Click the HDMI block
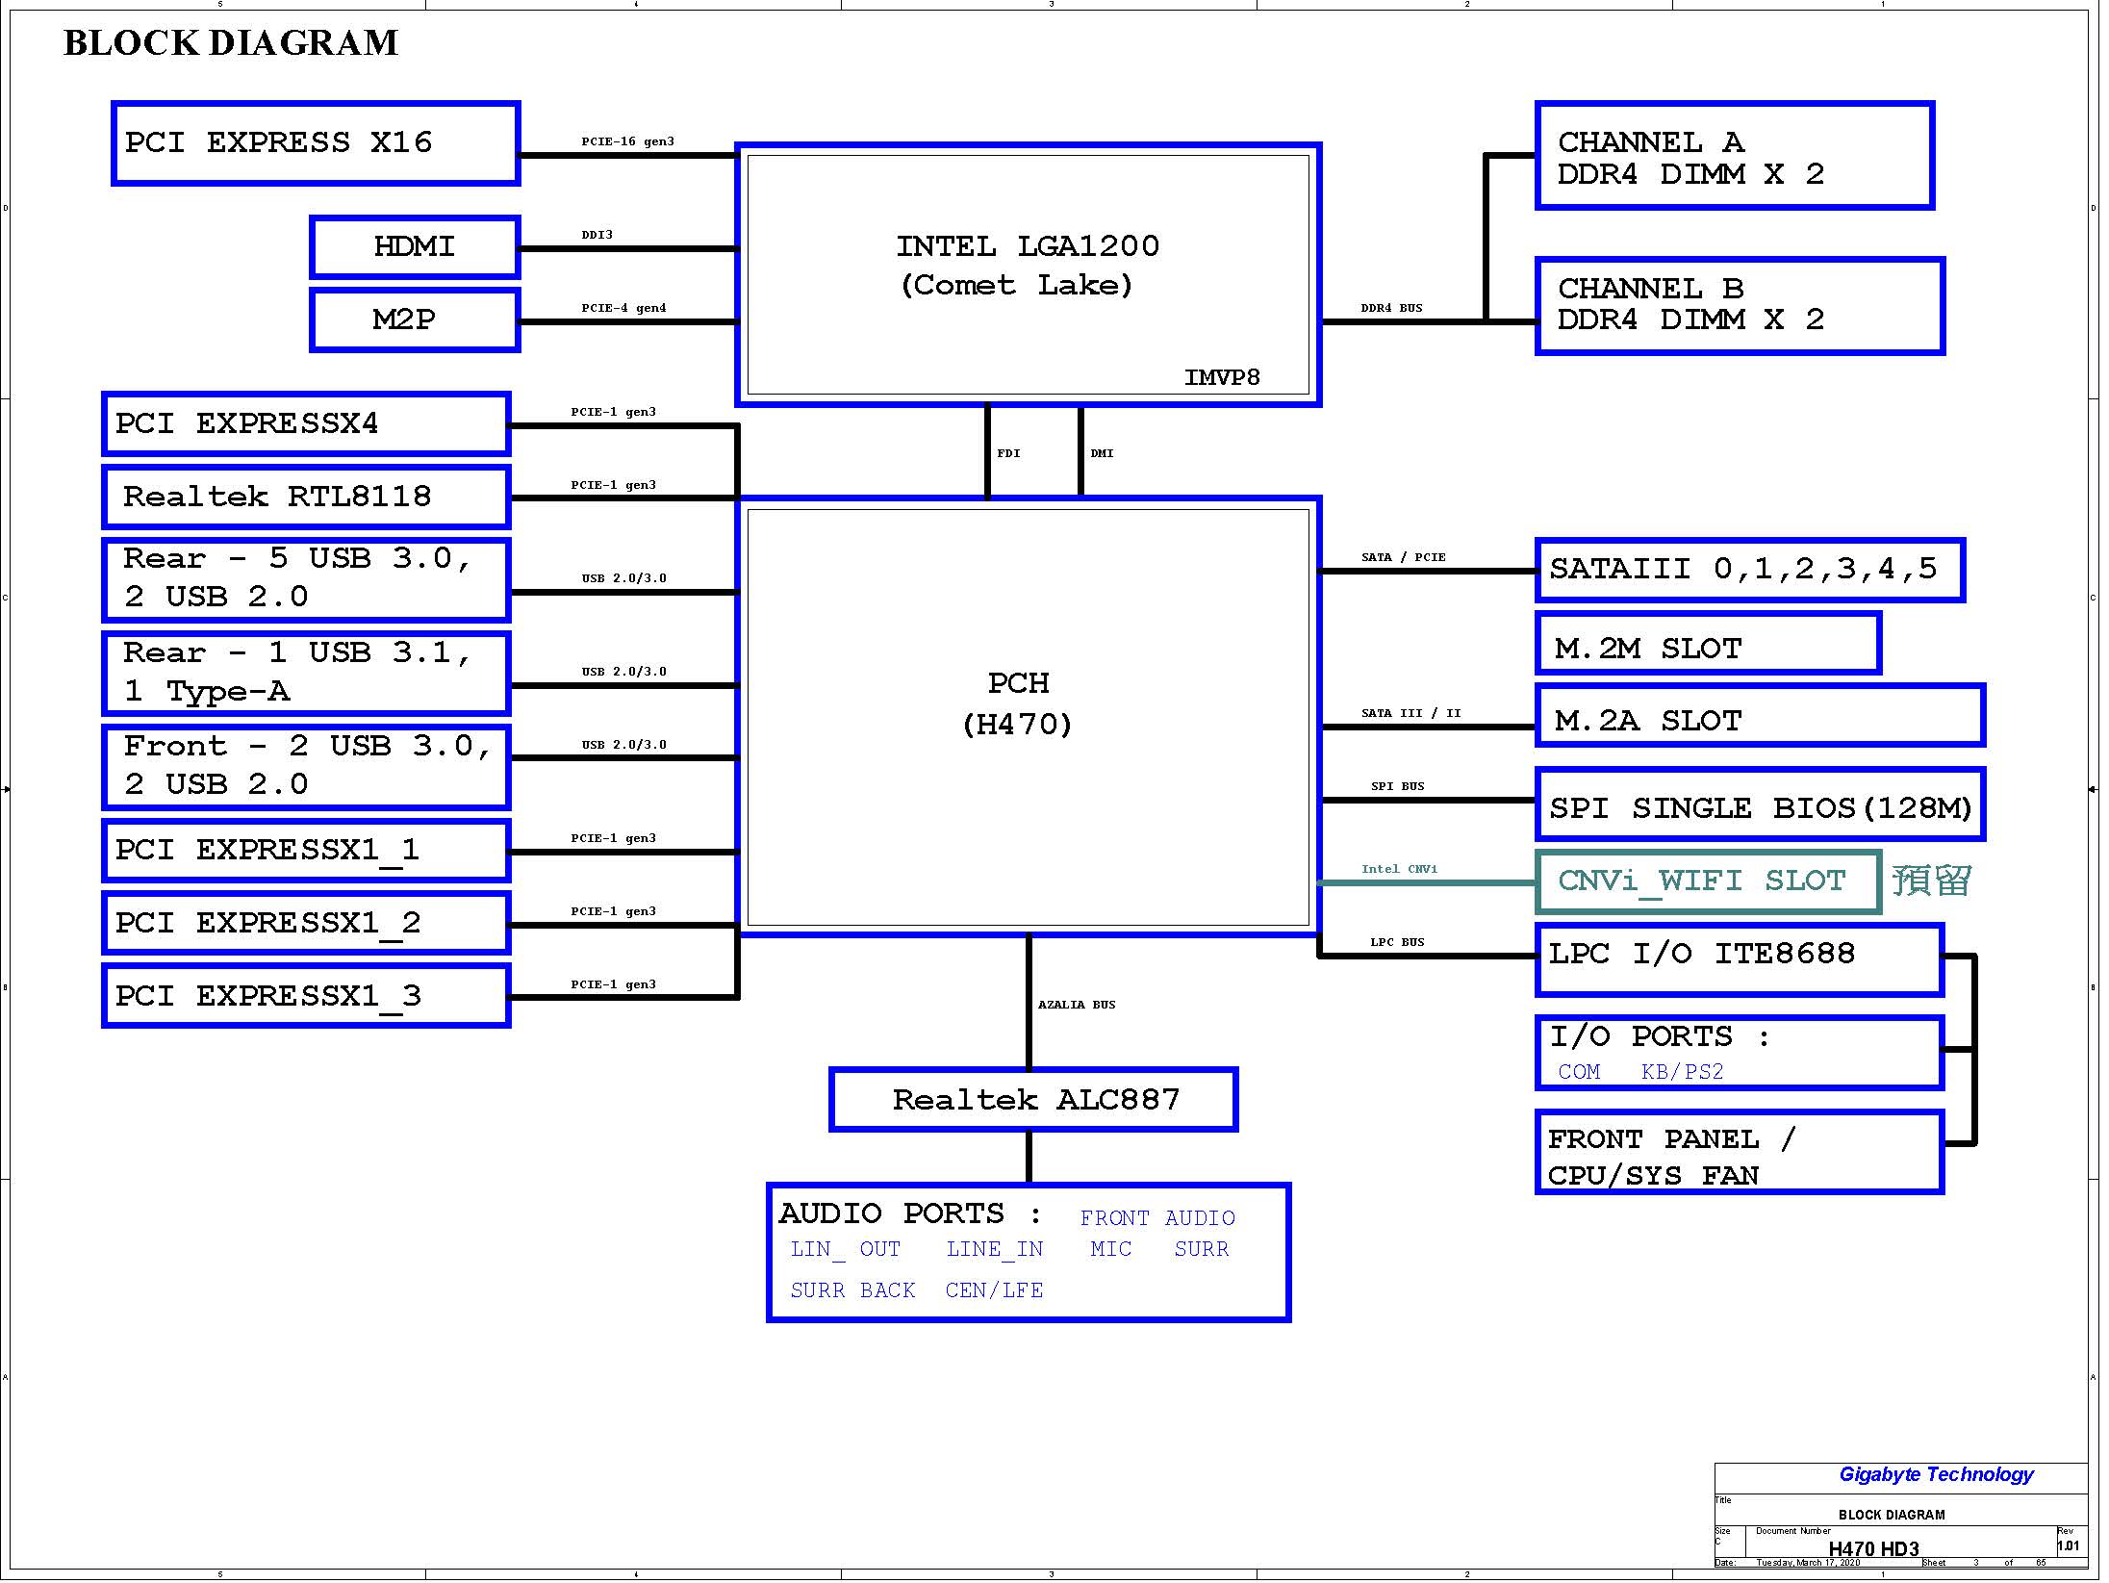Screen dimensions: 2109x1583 [415, 247]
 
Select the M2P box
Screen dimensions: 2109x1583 [415, 320]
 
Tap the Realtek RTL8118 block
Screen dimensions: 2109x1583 [306, 498]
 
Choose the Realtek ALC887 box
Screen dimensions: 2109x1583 [1033, 1100]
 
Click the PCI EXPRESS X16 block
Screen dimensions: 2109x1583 [316, 143]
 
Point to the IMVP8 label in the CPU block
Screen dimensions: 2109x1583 [1222, 377]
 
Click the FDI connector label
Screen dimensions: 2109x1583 [1008, 453]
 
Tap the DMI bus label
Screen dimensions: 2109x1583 [1102, 453]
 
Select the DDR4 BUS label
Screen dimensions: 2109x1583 [1391, 308]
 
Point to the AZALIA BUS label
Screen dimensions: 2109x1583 [1077, 1005]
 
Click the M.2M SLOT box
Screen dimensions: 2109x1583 [1709, 644]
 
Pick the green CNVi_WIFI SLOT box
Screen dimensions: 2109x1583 [1709, 881]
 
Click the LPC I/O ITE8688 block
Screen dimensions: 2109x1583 [1740, 960]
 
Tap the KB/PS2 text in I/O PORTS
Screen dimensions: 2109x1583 [1682, 1072]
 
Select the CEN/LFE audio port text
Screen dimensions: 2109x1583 [994, 1290]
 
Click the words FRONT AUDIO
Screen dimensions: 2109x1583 [1157, 1218]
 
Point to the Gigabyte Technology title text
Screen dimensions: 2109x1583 [1937, 1474]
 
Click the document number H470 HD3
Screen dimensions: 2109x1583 [1873, 1549]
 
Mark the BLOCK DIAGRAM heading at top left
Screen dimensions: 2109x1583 [231, 43]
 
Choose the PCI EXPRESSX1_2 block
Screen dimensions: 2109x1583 [306, 924]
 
